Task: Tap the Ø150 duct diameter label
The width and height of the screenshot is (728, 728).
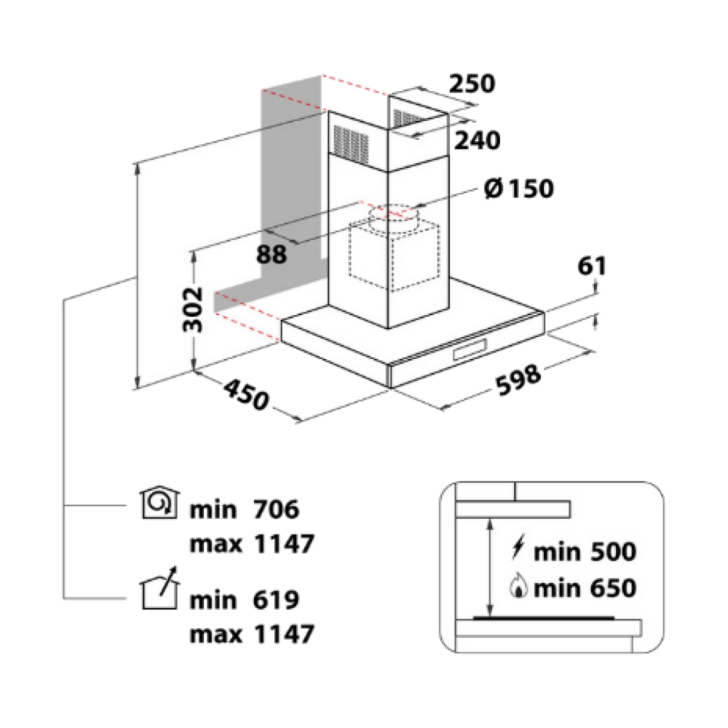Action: (x=518, y=189)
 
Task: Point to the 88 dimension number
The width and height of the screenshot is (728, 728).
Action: (x=271, y=254)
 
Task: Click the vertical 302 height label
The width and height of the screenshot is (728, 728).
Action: (x=191, y=309)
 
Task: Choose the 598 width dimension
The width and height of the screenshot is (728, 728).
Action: (x=519, y=379)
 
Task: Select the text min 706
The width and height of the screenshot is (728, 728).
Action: (x=244, y=510)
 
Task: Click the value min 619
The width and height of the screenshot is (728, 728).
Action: (x=244, y=600)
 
